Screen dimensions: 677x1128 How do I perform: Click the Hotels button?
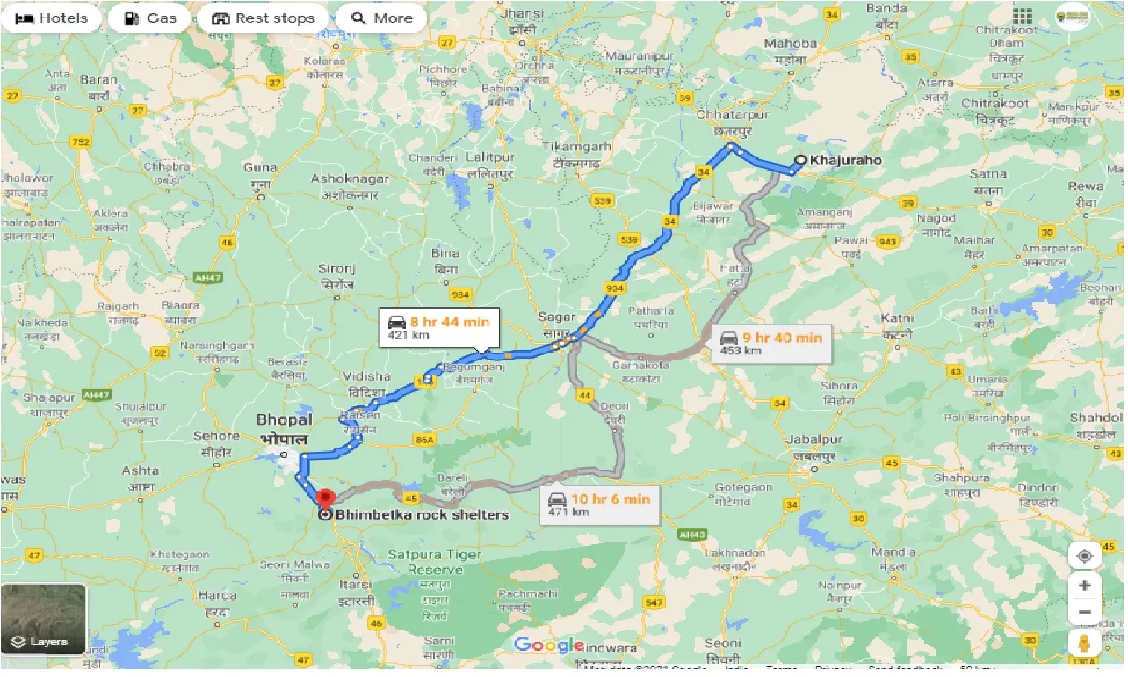[x=52, y=18]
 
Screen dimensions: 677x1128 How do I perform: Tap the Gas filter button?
[x=148, y=18]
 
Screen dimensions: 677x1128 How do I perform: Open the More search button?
[x=382, y=18]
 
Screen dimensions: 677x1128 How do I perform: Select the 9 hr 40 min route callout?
[x=771, y=343]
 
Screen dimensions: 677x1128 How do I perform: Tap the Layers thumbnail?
[x=44, y=619]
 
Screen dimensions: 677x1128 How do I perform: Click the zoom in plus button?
[x=1085, y=586]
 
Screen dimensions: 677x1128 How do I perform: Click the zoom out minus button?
[x=1085, y=613]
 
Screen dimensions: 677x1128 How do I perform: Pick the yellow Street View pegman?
[x=1085, y=644]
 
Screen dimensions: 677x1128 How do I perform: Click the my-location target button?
[x=1085, y=556]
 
